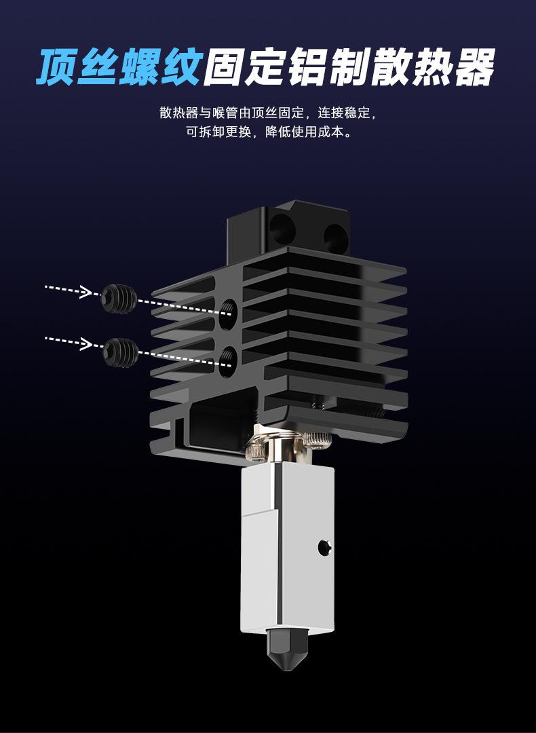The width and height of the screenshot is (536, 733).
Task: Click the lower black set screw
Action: coord(120,352)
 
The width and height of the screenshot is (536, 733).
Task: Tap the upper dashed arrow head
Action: coord(85,292)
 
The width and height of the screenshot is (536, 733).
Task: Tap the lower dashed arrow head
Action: coord(85,343)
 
